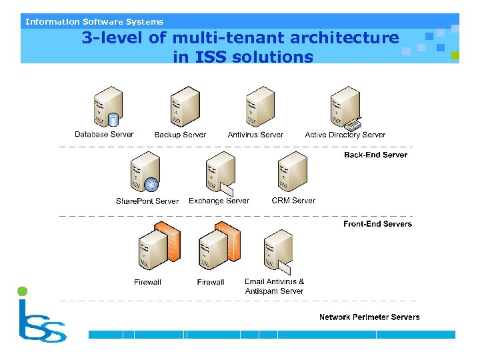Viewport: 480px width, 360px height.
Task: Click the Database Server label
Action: pos(104,134)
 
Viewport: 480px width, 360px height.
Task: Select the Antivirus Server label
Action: pos(255,135)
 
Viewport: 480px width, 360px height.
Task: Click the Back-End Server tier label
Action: pos(375,155)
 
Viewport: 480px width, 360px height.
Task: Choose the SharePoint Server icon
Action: pos(145,171)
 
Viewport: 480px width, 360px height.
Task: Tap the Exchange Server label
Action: pos(219,201)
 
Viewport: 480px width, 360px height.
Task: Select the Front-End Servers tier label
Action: pos(377,224)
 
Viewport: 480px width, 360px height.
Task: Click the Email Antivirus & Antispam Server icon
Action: pos(278,251)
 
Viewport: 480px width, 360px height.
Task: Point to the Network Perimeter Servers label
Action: pos(369,317)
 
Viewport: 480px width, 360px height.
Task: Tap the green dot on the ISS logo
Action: pos(23,291)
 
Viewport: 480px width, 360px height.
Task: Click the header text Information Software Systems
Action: pos(94,21)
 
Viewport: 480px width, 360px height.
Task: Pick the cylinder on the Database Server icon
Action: pos(113,121)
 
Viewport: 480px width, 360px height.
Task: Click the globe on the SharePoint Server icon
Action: pos(153,183)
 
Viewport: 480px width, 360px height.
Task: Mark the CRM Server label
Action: pos(293,200)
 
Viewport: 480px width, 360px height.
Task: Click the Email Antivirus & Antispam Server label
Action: pos(274,286)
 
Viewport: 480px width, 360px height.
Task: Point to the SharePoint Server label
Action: pos(147,201)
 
